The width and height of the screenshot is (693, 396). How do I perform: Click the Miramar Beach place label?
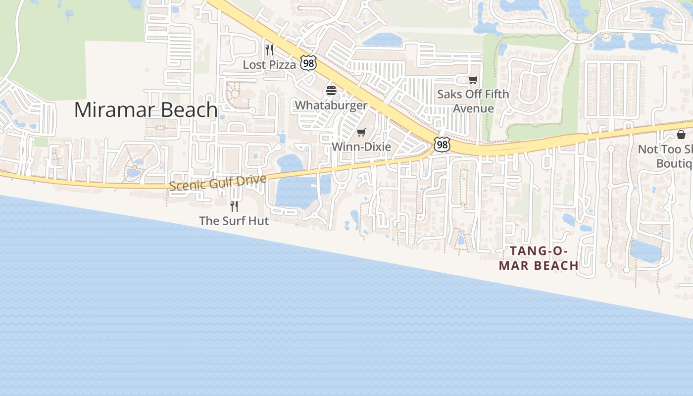[x=146, y=109]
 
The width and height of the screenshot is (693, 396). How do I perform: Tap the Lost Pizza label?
[x=269, y=64]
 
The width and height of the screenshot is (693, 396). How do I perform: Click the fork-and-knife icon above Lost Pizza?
[x=269, y=49]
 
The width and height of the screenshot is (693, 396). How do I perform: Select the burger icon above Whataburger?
[x=331, y=91]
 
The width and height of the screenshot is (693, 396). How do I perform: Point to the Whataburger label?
[x=331, y=105]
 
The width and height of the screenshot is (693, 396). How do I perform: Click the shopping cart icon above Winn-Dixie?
[x=361, y=133]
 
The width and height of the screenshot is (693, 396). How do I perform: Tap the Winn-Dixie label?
[x=361, y=147]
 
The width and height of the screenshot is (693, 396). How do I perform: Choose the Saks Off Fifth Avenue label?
[x=473, y=101]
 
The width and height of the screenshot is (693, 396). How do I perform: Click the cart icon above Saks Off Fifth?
[x=473, y=80]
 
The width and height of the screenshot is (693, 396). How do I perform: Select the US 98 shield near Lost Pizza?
[x=308, y=63]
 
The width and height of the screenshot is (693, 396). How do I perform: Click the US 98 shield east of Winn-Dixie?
[x=442, y=144]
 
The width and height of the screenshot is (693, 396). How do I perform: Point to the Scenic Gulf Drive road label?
[x=218, y=182]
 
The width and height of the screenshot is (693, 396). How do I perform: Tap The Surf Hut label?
[x=234, y=221]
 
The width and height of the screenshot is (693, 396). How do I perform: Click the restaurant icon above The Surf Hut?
[x=234, y=205]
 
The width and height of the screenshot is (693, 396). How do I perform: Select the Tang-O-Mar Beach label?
[x=539, y=258]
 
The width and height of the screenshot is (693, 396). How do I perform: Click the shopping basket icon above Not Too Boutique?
[x=681, y=135]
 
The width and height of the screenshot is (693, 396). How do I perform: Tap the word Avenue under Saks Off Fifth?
[x=473, y=108]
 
